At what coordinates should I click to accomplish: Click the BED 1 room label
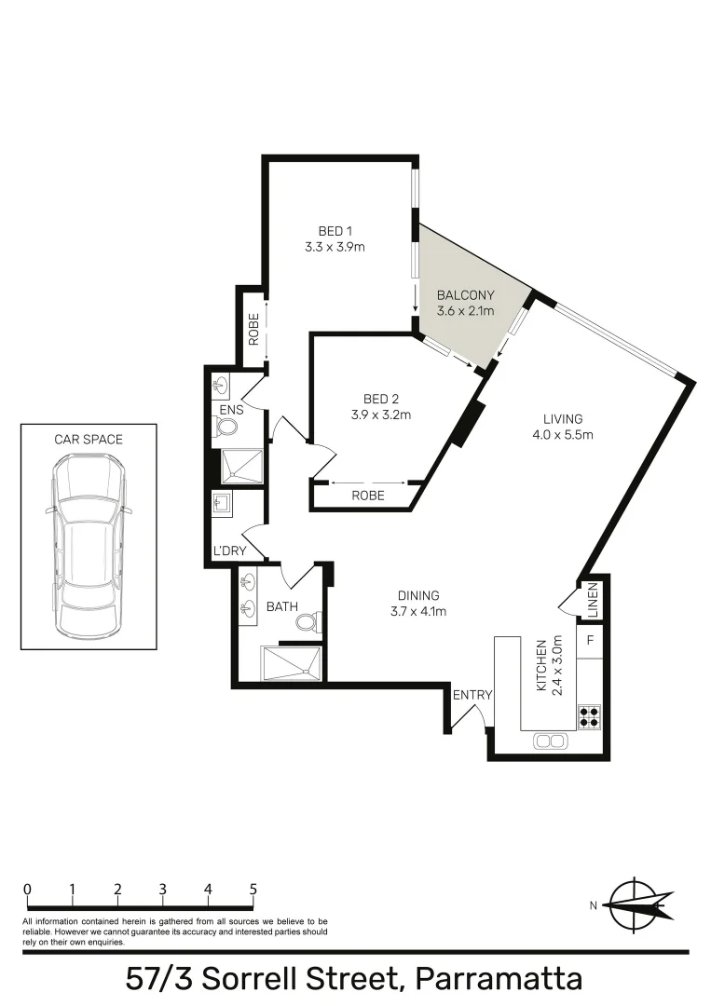click(334, 231)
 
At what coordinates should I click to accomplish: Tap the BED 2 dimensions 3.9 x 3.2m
click(381, 415)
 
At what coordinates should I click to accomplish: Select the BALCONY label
click(465, 295)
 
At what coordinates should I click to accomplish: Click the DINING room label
click(418, 596)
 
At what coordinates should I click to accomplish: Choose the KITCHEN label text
click(539, 665)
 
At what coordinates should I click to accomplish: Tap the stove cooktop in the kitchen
click(589, 716)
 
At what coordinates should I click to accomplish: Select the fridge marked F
click(590, 642)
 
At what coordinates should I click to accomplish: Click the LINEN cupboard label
click(592, 601)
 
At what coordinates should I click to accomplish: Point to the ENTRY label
click(472, 695)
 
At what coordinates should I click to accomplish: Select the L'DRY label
click(229, 551)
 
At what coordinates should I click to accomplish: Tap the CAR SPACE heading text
click(89, 439)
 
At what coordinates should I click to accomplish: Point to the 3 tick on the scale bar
click(163, 890)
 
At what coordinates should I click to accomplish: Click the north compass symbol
click(638, 902)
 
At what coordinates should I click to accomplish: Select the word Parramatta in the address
click(499, 979)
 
